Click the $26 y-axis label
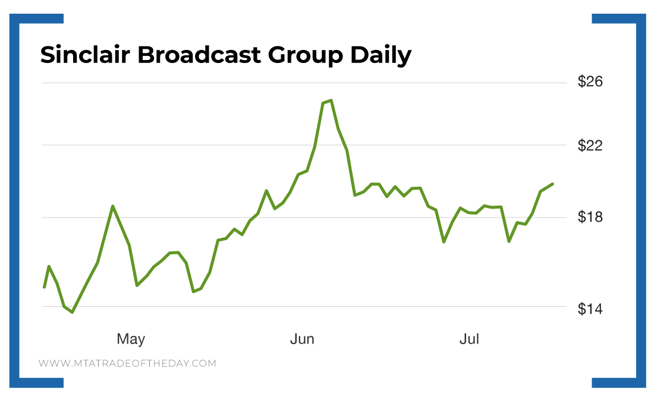click(x=590, y=81)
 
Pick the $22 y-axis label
click(x=590, y=146)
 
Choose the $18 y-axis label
click(x=590, y=218)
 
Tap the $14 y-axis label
click(x=590, y=308)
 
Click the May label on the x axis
click(x=131, y=339)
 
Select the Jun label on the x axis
click(x=302, y=339)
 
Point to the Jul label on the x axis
click(x=470, y=339)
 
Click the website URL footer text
click(x=127, y=363)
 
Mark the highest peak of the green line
click(x=331, y=100)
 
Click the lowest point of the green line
click(x=73, y=312)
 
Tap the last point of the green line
click(x=553, y=184)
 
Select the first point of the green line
click(x=44, y=288)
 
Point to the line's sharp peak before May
click(x=112, y=206)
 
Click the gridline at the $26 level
click(x=297, y=82)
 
